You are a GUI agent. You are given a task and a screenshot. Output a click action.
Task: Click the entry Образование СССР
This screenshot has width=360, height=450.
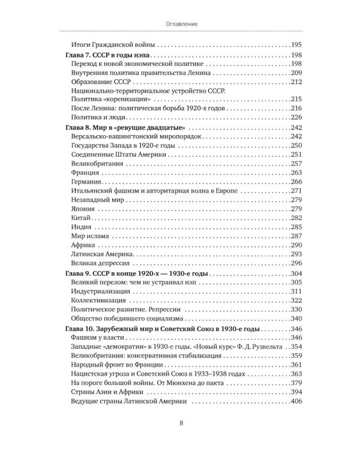point(101,82)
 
